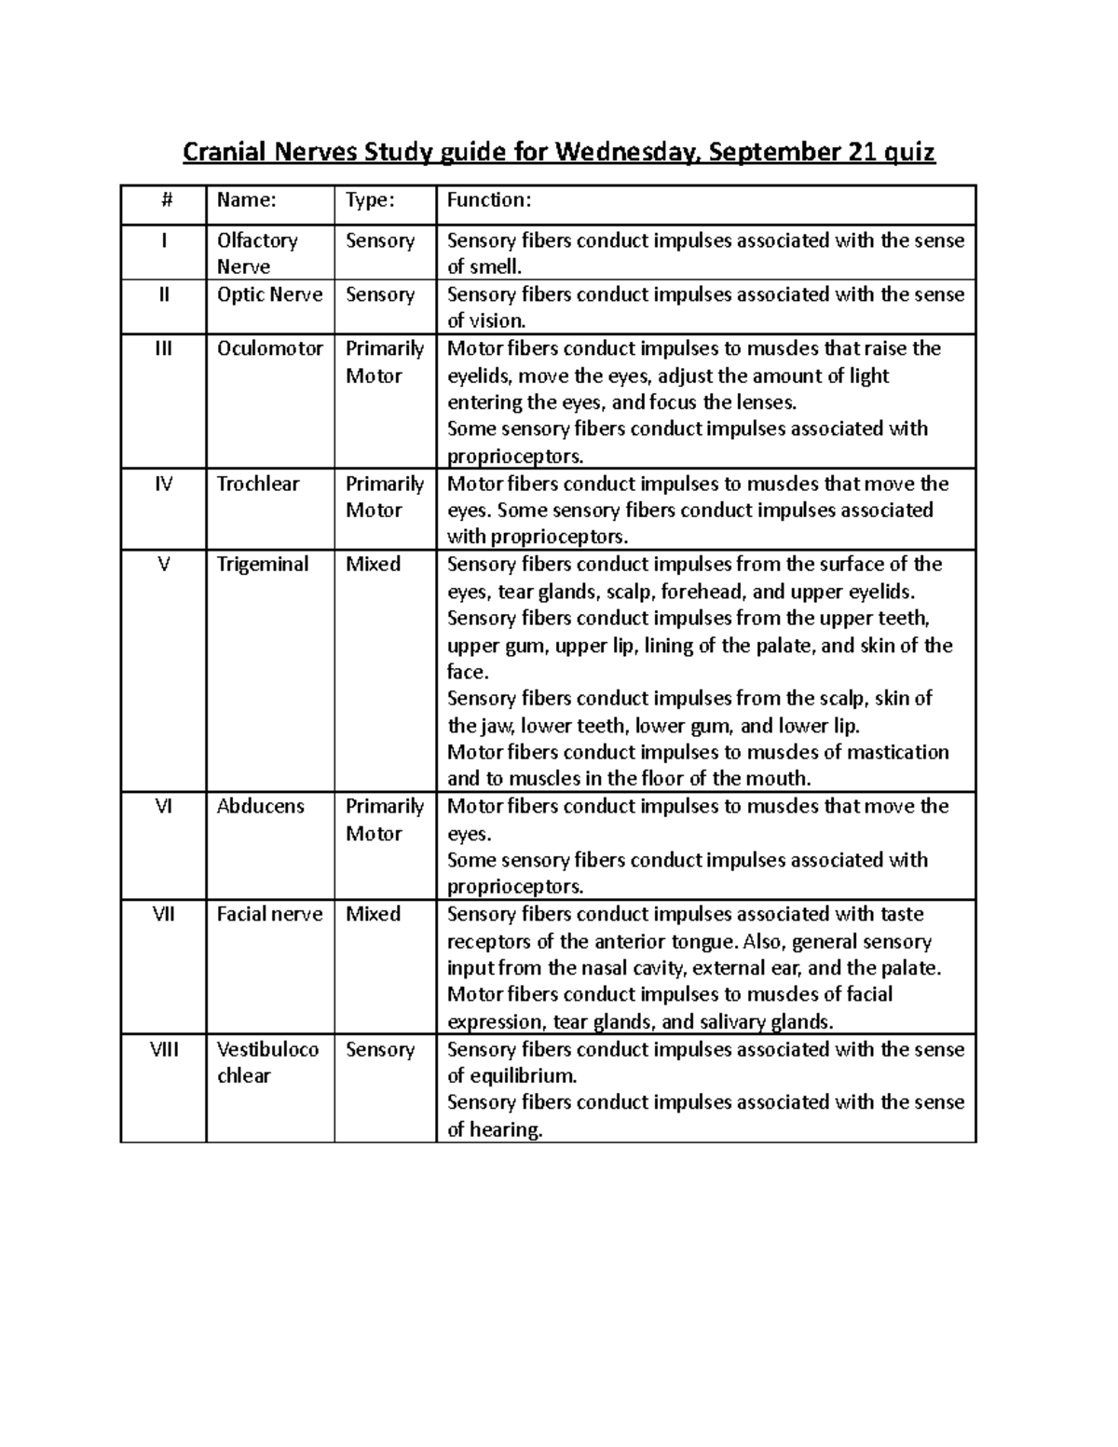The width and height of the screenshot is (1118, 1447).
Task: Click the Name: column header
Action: tap(246, 200)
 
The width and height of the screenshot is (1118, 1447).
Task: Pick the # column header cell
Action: tap(164, 200)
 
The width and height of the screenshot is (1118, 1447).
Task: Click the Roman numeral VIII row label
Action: tap(164, 1049)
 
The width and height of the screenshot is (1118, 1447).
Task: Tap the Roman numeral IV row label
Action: tap(164, 484)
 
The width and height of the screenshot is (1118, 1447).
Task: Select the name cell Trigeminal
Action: tap(262, 564)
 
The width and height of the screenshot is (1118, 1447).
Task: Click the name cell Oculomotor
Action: tap(270, 348)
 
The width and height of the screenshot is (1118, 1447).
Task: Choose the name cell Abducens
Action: tap(260, 806)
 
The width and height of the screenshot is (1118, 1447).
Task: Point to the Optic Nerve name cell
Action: tap(269, 294)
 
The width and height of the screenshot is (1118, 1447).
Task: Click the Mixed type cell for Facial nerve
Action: tap(373, 914)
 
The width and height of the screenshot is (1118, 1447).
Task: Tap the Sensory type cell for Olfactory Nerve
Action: tap(379, 240)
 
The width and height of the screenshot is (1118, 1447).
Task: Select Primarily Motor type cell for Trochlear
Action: tap(384, 497)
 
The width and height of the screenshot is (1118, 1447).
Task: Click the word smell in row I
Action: tap(494, 267)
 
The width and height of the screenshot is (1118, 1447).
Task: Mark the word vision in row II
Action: tap(498, 321)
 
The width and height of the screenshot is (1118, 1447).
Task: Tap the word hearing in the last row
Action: tap(507, 1130)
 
